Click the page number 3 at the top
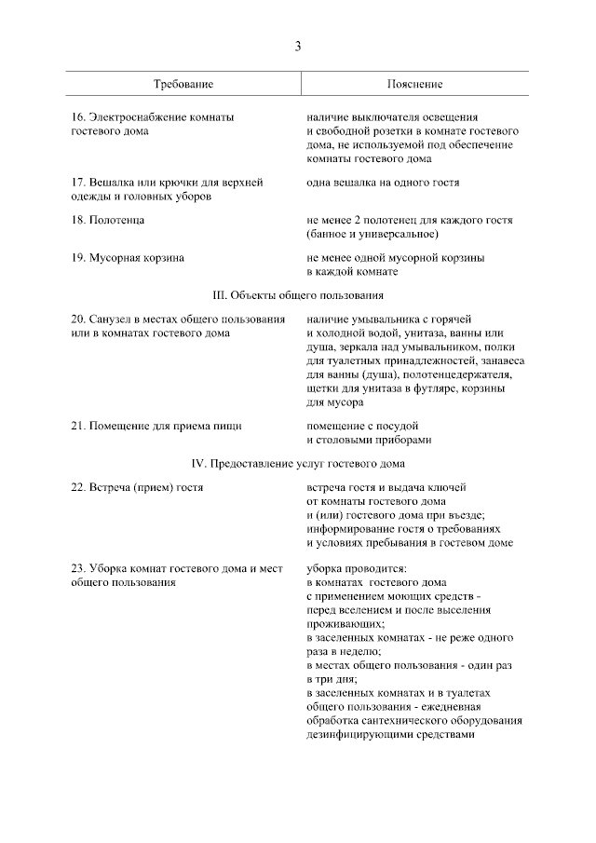pos(298,46)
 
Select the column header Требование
pos(183,84)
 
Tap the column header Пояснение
pos(414,84)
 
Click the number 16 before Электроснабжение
pos(77,117)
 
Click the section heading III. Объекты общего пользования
pos(298,295)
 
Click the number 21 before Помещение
pos(77,426)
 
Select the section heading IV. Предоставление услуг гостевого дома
pos(298,463)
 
